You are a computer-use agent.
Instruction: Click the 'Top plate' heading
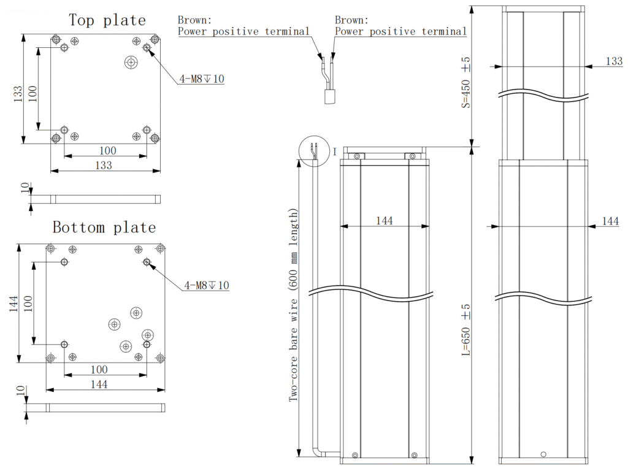coord(107,20)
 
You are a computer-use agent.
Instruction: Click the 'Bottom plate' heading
coord(104,228)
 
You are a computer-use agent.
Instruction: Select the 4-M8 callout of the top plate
coord(202,78)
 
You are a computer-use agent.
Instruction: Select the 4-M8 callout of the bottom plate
coord(207,285)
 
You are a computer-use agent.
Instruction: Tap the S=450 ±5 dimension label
coord(465,83)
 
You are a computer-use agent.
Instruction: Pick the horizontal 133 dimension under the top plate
coord(104,165)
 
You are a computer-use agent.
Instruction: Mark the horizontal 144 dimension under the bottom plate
coord(99,385)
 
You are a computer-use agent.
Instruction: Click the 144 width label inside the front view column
coord(384,220)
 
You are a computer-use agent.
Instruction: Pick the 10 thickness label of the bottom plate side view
coord(20,390)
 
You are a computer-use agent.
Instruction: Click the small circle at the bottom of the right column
coord(543,454)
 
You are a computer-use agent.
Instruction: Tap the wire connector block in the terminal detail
coord(331,96)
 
